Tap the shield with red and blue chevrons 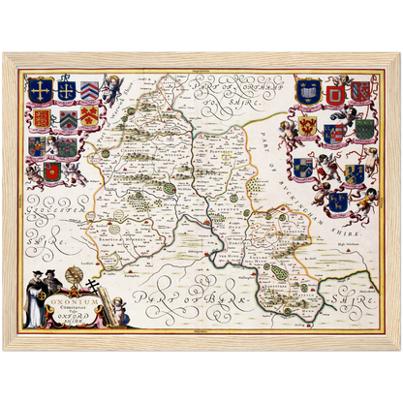88,91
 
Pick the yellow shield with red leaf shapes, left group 88,118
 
